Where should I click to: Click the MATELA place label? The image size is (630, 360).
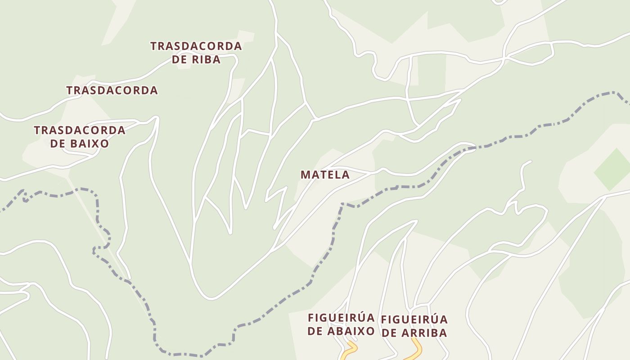pyautogui.click(x=325, y=175)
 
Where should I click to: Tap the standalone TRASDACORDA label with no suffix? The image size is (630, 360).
pyautogui.click(x=112, y=90)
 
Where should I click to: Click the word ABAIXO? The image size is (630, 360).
pyautogui.click(x=353, y=332)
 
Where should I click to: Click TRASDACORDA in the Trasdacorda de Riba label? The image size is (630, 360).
pyautogui.click(x=196, y=46)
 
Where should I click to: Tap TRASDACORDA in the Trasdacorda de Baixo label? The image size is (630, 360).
pyautogui.click(x=79, y=130)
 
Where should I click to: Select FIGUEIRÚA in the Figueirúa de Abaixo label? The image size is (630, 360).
pyautogui.click(x=341, y=318)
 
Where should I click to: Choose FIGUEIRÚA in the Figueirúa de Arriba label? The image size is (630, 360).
pyautogui.click(x=414, y=319)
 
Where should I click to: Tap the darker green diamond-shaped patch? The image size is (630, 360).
pyautogui.click(x=613, y=170)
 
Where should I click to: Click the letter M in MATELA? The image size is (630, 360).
pyautogui.click(x=305, y=175)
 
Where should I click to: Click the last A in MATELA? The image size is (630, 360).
pyautogui.click(x=345, y=175)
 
